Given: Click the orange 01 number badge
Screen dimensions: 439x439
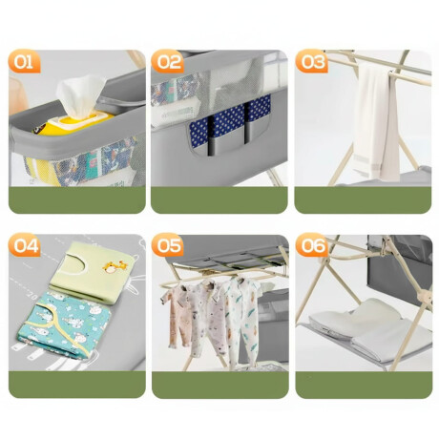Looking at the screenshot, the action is [x=25, y=61].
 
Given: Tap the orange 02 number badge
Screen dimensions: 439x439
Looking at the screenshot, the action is [x=168, y=61].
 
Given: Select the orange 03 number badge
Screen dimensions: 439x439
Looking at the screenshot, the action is [x=312, y=61].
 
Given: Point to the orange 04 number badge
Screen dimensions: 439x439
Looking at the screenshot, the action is [x=25, y=245].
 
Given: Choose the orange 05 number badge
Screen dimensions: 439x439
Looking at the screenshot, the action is [x=168, y=245].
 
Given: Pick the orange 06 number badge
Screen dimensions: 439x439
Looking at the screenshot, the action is [x=312, y=245].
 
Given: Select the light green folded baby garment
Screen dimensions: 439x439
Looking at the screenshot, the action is [x=93, y=270].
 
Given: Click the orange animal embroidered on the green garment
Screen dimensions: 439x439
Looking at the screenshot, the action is [x=114, y=266].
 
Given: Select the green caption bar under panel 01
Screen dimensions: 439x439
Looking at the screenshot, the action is [x=77, y=199].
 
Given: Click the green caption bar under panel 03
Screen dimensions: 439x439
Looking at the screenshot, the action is [x=363, y=199].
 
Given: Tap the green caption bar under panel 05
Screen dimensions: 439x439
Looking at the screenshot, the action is [x=220, y=385].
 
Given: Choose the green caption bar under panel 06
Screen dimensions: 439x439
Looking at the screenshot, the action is [x=364, y=385].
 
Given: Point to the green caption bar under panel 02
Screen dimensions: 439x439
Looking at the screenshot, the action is [x=219, y=199].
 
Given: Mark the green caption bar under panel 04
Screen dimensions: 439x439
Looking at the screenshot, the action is [x=77, y=385].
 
